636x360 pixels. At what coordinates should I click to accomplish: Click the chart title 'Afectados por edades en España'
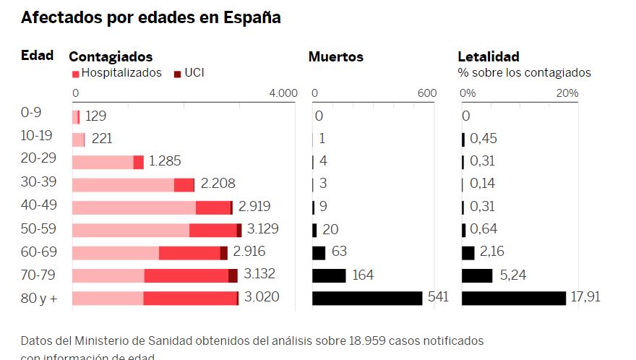coord(151,18)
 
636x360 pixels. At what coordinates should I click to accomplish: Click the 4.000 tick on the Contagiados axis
coord(283,93)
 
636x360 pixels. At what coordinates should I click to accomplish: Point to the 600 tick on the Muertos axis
coord(427,93)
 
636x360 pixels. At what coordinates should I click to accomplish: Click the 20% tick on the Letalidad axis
coord(567,93)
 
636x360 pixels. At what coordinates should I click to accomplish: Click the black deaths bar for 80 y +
coord(367,298)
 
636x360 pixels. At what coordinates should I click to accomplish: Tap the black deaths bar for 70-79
coord(329,275)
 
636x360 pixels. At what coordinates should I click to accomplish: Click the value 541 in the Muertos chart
coord(438,297)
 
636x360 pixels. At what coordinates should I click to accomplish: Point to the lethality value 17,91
coord(585,297)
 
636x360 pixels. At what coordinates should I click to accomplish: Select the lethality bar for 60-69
coord(468,253)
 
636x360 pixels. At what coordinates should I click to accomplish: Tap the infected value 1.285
coord(165,161)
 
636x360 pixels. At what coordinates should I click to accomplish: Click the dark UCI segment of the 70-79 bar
coord(233,275)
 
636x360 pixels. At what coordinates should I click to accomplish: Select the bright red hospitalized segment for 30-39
coord(184,184)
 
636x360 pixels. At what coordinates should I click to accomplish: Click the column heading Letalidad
coord(489,56)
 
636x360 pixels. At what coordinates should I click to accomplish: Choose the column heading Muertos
coord(336,56)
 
